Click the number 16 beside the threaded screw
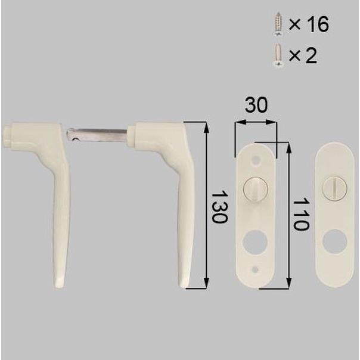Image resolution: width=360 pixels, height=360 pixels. pos(318,24)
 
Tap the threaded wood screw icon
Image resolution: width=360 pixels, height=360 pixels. pos(278,24)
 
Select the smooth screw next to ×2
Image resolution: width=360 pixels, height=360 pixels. pos(278,55)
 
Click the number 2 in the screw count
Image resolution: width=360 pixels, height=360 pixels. pos(311,55)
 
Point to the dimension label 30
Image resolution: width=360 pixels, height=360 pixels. pos(256,105)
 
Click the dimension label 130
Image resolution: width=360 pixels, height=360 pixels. pos(219,207)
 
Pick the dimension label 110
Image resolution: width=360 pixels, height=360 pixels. pos(301,214)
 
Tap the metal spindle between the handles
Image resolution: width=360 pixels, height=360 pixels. pos(97,135)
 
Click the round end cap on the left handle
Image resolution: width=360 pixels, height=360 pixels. pos(7,135)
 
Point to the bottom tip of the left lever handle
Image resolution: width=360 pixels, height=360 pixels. pos(60,285)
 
